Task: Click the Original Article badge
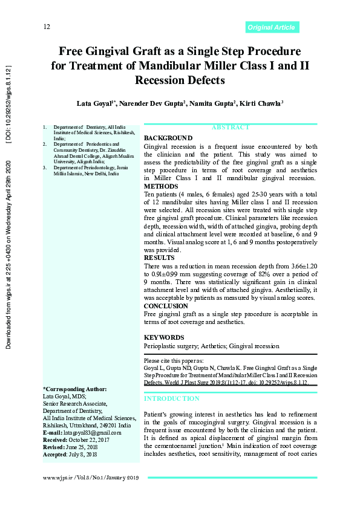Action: click(272, 27)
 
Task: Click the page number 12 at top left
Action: click(47, 27)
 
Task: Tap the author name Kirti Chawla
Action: click(261, 104)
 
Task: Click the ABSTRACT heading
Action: click(230, 128)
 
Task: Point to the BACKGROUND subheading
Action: click(168, 138)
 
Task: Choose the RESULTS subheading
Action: click(160, 257)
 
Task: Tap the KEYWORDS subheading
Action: click(165, 337)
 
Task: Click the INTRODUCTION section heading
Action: click(171, 399)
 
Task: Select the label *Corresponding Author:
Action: click(75, 389)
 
